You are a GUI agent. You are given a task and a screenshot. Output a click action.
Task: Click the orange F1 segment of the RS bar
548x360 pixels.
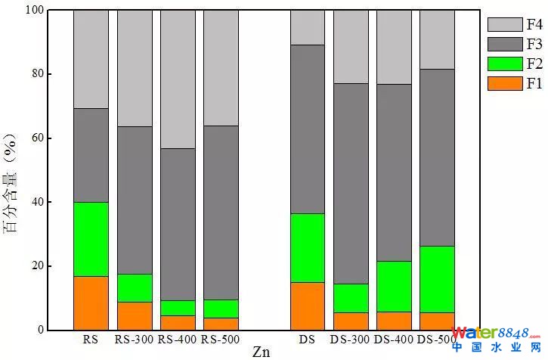(x=91, y=303)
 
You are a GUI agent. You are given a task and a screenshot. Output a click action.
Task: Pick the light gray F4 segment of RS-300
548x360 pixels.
(x=135, y=68)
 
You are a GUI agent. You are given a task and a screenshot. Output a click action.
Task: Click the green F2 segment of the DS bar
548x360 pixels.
(x=308, y=248)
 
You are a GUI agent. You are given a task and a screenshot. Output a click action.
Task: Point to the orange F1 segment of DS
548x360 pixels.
(x=308, y=306)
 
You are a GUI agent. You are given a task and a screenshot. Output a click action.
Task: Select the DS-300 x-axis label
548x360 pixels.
(x=351, y=340)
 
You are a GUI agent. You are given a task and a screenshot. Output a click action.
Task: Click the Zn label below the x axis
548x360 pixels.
(x=261, y=352)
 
